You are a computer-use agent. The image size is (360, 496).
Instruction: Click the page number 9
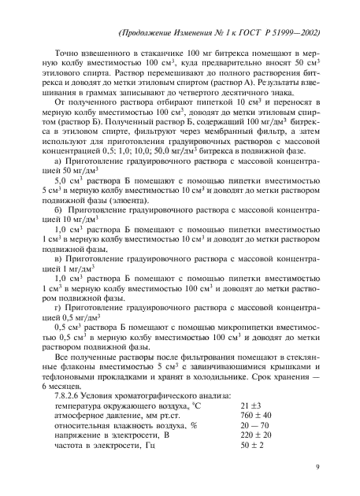click(315, 467)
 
